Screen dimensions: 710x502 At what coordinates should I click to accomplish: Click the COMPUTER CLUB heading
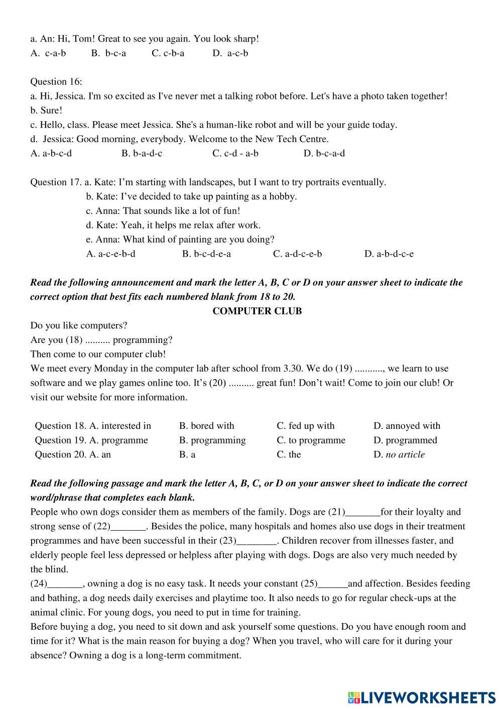coord(257,311)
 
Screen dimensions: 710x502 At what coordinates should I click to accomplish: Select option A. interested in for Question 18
coord(120,426)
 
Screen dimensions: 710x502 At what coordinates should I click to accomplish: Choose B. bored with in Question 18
coord(206,426)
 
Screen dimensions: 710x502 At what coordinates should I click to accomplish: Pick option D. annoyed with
coord(407,426)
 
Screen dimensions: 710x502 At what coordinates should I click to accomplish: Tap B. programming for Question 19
coord(212,440)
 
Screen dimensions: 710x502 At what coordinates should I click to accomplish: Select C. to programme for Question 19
coord(311,440)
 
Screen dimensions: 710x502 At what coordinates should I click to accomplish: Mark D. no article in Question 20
coord(399,454)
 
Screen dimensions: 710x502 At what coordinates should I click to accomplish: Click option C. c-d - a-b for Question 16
coord(235,154)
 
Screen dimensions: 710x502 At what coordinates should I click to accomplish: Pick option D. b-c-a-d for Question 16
coord(324,154)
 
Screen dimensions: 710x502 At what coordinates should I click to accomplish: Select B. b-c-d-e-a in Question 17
coord(206,254)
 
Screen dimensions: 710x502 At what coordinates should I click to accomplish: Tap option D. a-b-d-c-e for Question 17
coord(389,254)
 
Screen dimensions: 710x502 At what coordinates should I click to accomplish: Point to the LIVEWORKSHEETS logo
coord(422,697)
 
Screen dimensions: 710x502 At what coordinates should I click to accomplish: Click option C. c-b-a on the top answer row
coord(168,53)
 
